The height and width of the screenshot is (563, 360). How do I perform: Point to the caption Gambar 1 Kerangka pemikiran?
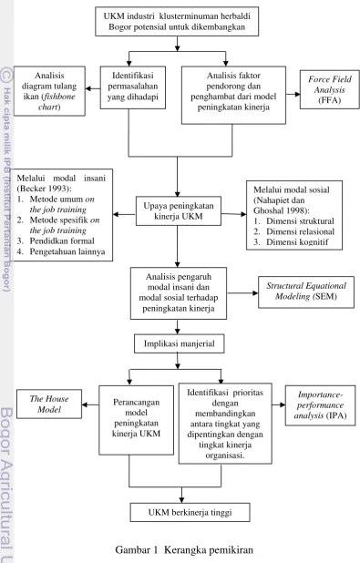click(184, 549)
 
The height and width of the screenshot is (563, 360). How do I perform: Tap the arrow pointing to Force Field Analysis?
click(293, 95)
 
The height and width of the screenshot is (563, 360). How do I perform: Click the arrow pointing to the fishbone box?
click(93, 88)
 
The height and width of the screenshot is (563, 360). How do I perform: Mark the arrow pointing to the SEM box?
click(242, 293)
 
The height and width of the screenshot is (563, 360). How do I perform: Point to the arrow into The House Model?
click(90, 404)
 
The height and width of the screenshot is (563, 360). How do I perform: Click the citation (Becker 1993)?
click(44, 189)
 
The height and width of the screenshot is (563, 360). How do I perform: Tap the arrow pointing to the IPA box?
click(279, 405)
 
